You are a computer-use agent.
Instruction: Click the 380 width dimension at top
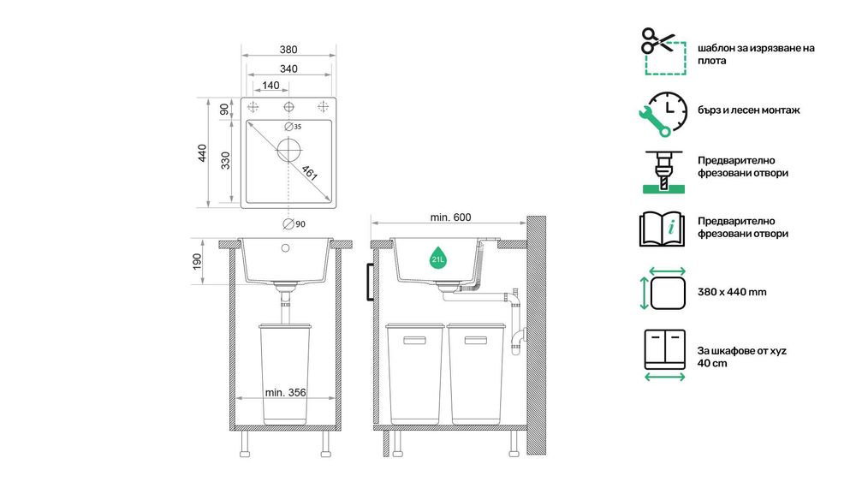(x=288, y=50)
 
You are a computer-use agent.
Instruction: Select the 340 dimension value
(x=288, y=68)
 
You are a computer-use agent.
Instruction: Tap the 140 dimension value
(x=270, y=85)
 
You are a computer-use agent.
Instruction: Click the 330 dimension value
(x=226, y=161)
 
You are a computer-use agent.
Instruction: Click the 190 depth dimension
(x=196, y=260)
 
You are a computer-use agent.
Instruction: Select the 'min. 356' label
(x=286, y=393)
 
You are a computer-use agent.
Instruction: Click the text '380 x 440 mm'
(x=732, y=292)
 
